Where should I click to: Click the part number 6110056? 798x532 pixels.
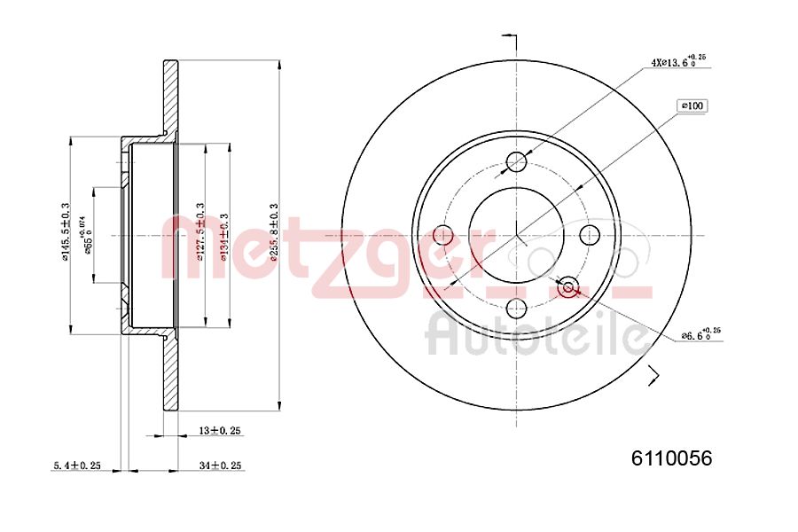[671, 458]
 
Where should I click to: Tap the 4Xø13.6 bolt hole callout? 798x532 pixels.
[677, 63]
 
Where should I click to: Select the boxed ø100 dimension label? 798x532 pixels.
[692, 106]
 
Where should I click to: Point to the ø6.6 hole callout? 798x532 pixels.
[700, 335]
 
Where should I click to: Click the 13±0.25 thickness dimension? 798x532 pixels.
[220, 430]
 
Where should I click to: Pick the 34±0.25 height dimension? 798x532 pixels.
[220, 465]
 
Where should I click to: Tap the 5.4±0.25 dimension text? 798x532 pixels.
[76, 465]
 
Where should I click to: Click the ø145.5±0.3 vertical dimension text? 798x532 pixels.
[65, 233]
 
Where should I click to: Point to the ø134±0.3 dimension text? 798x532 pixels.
[225, 233]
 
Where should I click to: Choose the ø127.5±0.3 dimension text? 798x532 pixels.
[199, 233]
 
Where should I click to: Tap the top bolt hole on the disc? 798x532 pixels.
[517, 161]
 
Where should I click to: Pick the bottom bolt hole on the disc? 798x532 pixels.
[517, 309]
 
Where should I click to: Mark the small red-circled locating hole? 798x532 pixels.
[568, 286]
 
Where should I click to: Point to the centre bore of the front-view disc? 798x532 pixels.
[517, 235]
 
